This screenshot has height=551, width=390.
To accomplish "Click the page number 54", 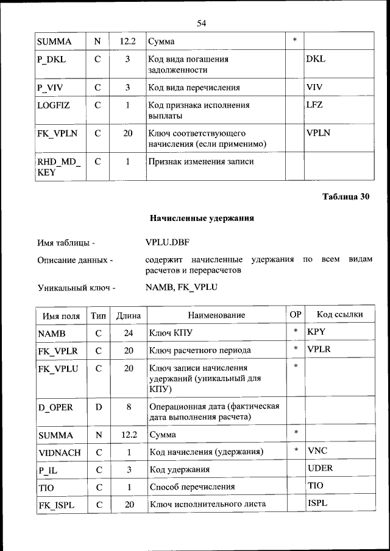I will tap(202, 23).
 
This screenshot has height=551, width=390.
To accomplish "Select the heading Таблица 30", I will tap(346, 196).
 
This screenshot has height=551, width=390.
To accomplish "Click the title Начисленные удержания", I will tap(202, 218).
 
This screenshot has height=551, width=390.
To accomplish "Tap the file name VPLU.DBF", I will tap(168, 243).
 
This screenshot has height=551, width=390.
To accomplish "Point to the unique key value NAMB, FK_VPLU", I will tap(182, 286).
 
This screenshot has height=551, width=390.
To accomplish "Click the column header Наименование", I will tap(216, 315).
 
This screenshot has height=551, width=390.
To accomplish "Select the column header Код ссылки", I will tap(339, 315).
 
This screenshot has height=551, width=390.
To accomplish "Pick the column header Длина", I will tap(129, 315).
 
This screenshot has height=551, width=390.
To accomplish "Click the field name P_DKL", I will tap(51, 60).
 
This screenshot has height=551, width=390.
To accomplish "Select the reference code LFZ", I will tap(314, 105).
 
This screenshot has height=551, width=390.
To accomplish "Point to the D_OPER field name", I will tap(55, 406).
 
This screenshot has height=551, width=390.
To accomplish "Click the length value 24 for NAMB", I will tap(129, 333).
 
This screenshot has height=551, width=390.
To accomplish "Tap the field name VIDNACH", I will tap(59, 452).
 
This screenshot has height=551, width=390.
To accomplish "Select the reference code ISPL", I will tap(317, 504).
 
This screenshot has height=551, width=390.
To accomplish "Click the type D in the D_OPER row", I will tap(97, 406).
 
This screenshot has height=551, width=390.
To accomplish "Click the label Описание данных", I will tap(76, 261).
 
